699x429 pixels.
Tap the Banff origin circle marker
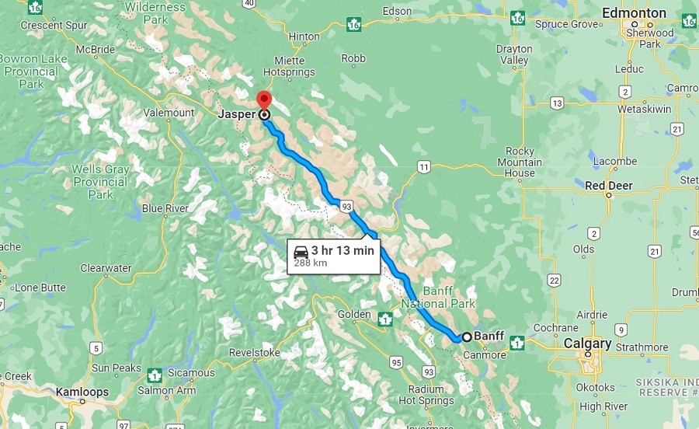(466, 337)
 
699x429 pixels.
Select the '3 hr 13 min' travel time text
(343, 250)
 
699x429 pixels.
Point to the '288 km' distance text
(310, 263)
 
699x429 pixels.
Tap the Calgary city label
(587, 344)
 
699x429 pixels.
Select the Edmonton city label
(635, 13)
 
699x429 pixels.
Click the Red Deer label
(609, 186)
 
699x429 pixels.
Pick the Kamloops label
(82, 392)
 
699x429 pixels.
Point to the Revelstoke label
(254, 352)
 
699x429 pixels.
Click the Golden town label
(354, 314)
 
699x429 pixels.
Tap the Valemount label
(169, 113)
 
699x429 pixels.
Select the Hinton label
(304, 37)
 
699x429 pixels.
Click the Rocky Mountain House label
(520, 162)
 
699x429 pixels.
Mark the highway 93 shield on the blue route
(346, 206)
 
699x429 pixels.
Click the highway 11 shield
(423, 166)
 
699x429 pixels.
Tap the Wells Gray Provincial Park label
(99, 182)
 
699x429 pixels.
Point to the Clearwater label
(106, 268)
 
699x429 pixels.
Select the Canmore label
(485, 355)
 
